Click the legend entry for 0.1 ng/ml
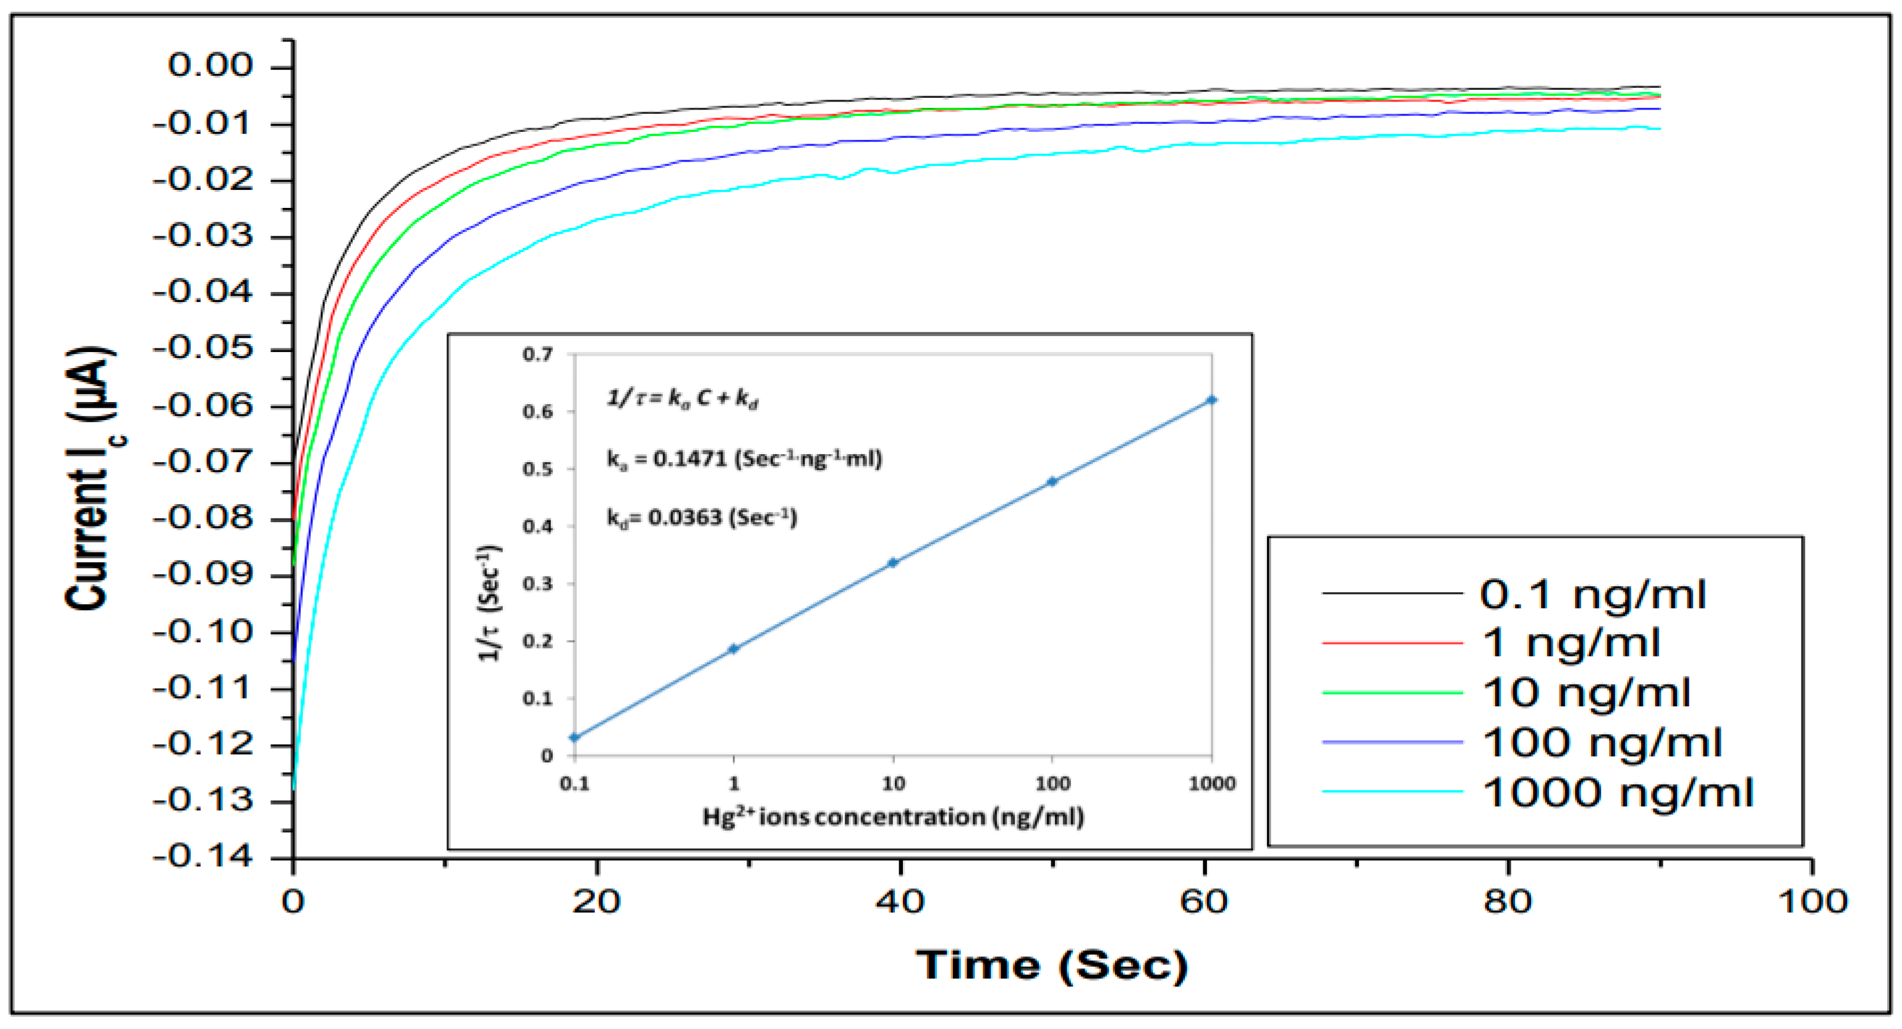click(1592, 595)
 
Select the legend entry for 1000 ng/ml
click(1617, 792)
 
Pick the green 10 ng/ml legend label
click(1586, 693)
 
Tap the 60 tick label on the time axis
click(1204, 902)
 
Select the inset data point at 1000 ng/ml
click(1212, 400)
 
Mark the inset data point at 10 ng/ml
click(893, 563)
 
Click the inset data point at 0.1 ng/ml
click(574, 737)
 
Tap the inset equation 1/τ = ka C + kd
click(682, 399)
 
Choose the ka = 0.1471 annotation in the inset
click(744, 459)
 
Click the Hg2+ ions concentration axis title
click(893, 817)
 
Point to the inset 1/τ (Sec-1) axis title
click(491, 603)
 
